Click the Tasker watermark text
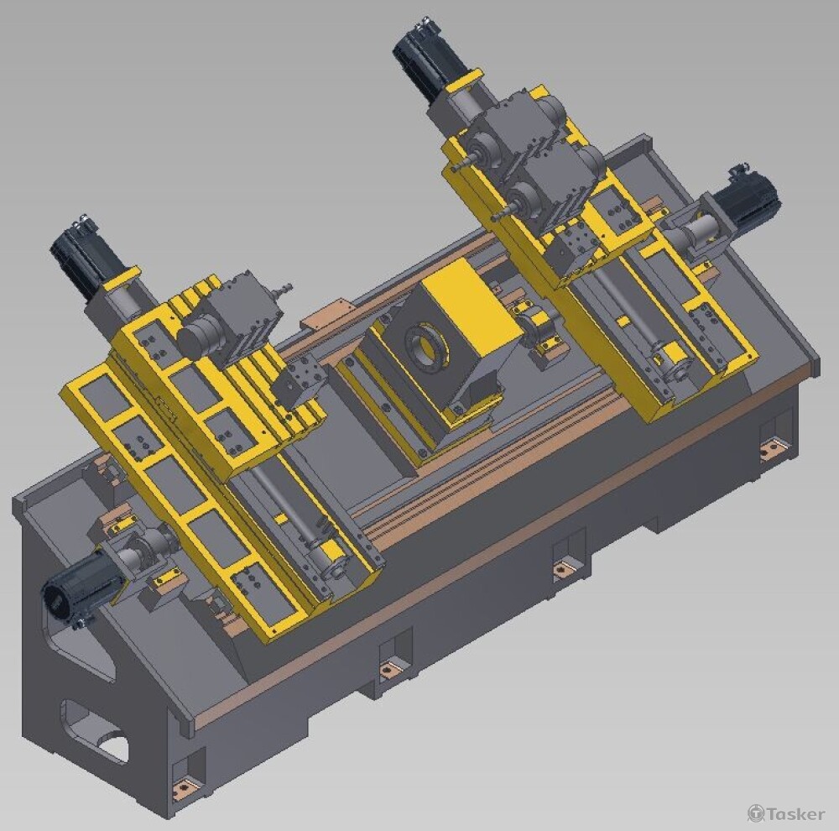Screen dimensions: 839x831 point(786,813)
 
